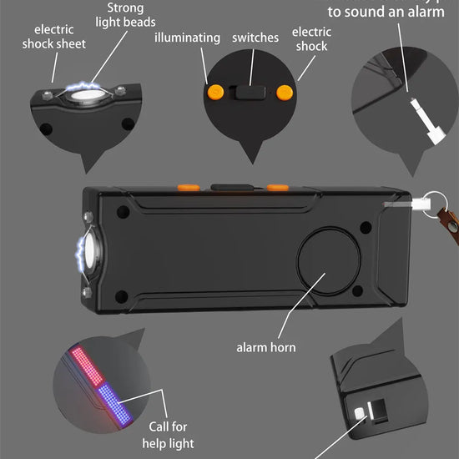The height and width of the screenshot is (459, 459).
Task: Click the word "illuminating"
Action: point(187,38)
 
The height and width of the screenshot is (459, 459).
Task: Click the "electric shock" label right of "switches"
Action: point(310,39)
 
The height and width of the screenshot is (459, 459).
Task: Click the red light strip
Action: point(83,367)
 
